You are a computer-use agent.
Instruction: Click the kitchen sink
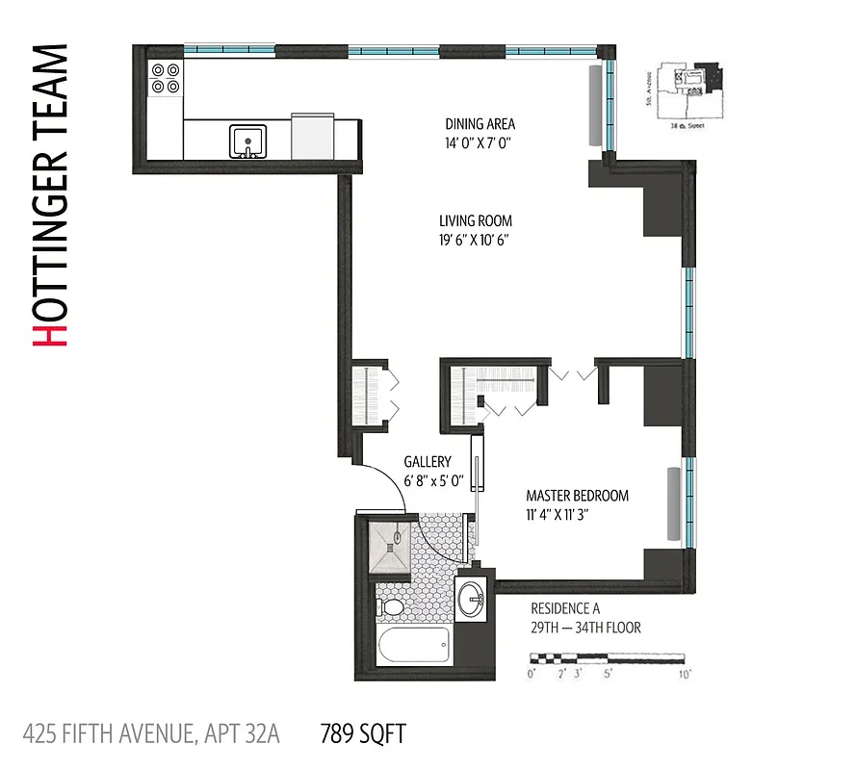pos(247,141)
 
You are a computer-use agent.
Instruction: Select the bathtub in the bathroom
pos(414,646)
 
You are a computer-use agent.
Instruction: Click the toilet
pos(392,607)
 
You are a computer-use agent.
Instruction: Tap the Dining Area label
pos(480,124)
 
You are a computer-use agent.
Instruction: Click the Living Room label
pos(475,220)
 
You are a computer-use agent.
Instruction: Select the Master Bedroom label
pos(577,496)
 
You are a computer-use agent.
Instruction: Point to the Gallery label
pos(427,462)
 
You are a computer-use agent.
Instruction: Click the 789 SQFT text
pos(362,735)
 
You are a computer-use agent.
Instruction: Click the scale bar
pos(608,658)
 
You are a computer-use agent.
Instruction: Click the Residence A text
pos(565,608)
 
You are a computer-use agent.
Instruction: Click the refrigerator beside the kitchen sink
pos(312,137)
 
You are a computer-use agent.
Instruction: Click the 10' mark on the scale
pos(685,675)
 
